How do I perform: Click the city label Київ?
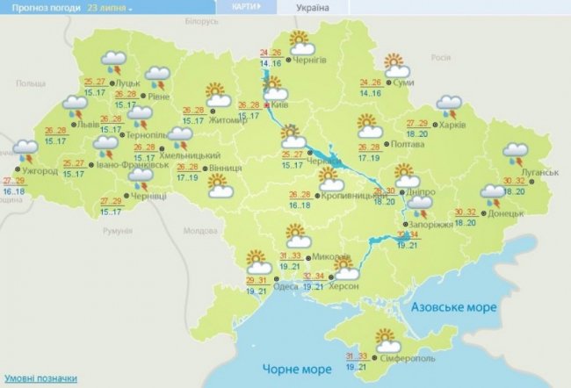[x=282, y=104]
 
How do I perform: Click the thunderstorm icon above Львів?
[x=75, y=109]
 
